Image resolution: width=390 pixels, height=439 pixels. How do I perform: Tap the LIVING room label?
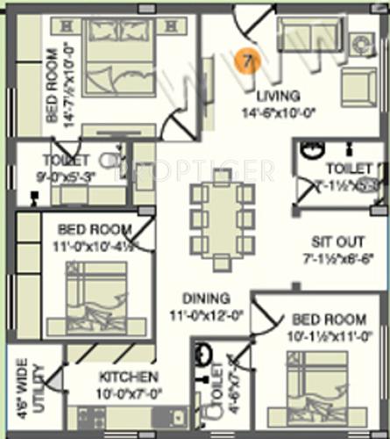[277, 95]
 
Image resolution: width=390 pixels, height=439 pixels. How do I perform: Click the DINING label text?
[207, 299]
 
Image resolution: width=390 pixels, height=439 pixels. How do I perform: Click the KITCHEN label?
[128, 378]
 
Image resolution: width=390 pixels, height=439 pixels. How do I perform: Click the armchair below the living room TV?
[358, 87]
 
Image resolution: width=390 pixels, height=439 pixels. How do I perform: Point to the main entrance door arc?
[248, 25]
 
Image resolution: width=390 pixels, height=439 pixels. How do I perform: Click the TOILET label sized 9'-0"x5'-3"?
[65, 161]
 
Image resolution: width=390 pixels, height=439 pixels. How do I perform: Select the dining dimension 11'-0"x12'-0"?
[207, 313]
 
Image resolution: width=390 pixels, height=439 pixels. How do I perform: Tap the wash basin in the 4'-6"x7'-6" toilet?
[203, 356]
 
